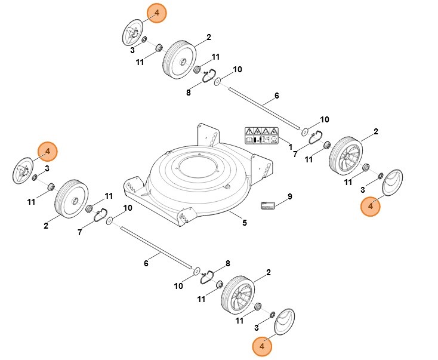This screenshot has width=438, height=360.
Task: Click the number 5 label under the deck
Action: point(244,223)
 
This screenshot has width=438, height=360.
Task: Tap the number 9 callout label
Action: point(289,196)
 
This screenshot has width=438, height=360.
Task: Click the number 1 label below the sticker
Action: point(291,147)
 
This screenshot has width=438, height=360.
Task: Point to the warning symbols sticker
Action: point(261,136)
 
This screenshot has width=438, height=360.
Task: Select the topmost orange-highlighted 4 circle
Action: point(157,13)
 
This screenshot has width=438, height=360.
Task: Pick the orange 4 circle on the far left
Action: point(48,152)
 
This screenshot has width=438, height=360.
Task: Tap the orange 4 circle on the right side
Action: point(371,206)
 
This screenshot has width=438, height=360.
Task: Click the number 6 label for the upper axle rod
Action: point(276,96)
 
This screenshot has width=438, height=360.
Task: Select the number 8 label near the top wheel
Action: point(189,93)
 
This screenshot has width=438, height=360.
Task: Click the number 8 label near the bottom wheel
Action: point(227,264)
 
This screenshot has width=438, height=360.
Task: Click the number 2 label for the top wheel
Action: point(208,38)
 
